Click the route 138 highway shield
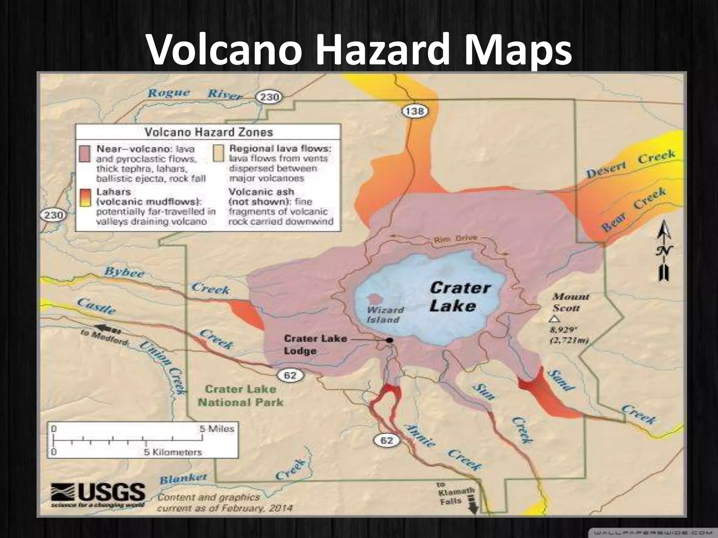pos(415,111)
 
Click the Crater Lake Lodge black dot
pos(389,340)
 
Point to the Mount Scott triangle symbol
pos(554,319)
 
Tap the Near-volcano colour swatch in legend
pos(84,154)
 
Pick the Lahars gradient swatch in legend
pos(84,198)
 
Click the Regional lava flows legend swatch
pos(218,154)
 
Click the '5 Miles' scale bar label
pos(217,429)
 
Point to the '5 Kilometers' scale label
pos(173,452)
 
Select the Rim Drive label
pos(455,239)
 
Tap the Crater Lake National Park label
pos(241,396)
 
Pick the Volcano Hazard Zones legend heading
pos(209,132)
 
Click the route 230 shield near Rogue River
pos(269,97)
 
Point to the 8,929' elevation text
pos(563,330)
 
